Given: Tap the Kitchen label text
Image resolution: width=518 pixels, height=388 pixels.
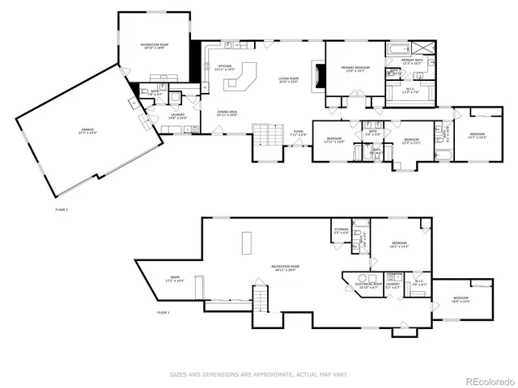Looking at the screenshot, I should point(225,67).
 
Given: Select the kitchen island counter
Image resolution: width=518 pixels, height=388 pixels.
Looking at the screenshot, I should point(246,74).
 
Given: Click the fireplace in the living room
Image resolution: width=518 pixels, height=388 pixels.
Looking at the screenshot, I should point(319,77).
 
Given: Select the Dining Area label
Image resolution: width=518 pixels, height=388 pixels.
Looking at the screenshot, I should point(227,113).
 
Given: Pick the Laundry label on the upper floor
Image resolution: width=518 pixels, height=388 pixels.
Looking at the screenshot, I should point(177,116).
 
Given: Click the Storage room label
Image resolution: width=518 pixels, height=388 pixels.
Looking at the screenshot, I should point(341,231).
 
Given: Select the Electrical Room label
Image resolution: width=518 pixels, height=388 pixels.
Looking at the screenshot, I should point(369,285).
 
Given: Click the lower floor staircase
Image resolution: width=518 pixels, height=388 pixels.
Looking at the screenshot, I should point(261,299).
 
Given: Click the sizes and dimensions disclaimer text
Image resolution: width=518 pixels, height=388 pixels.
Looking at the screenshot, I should point(258,374).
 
